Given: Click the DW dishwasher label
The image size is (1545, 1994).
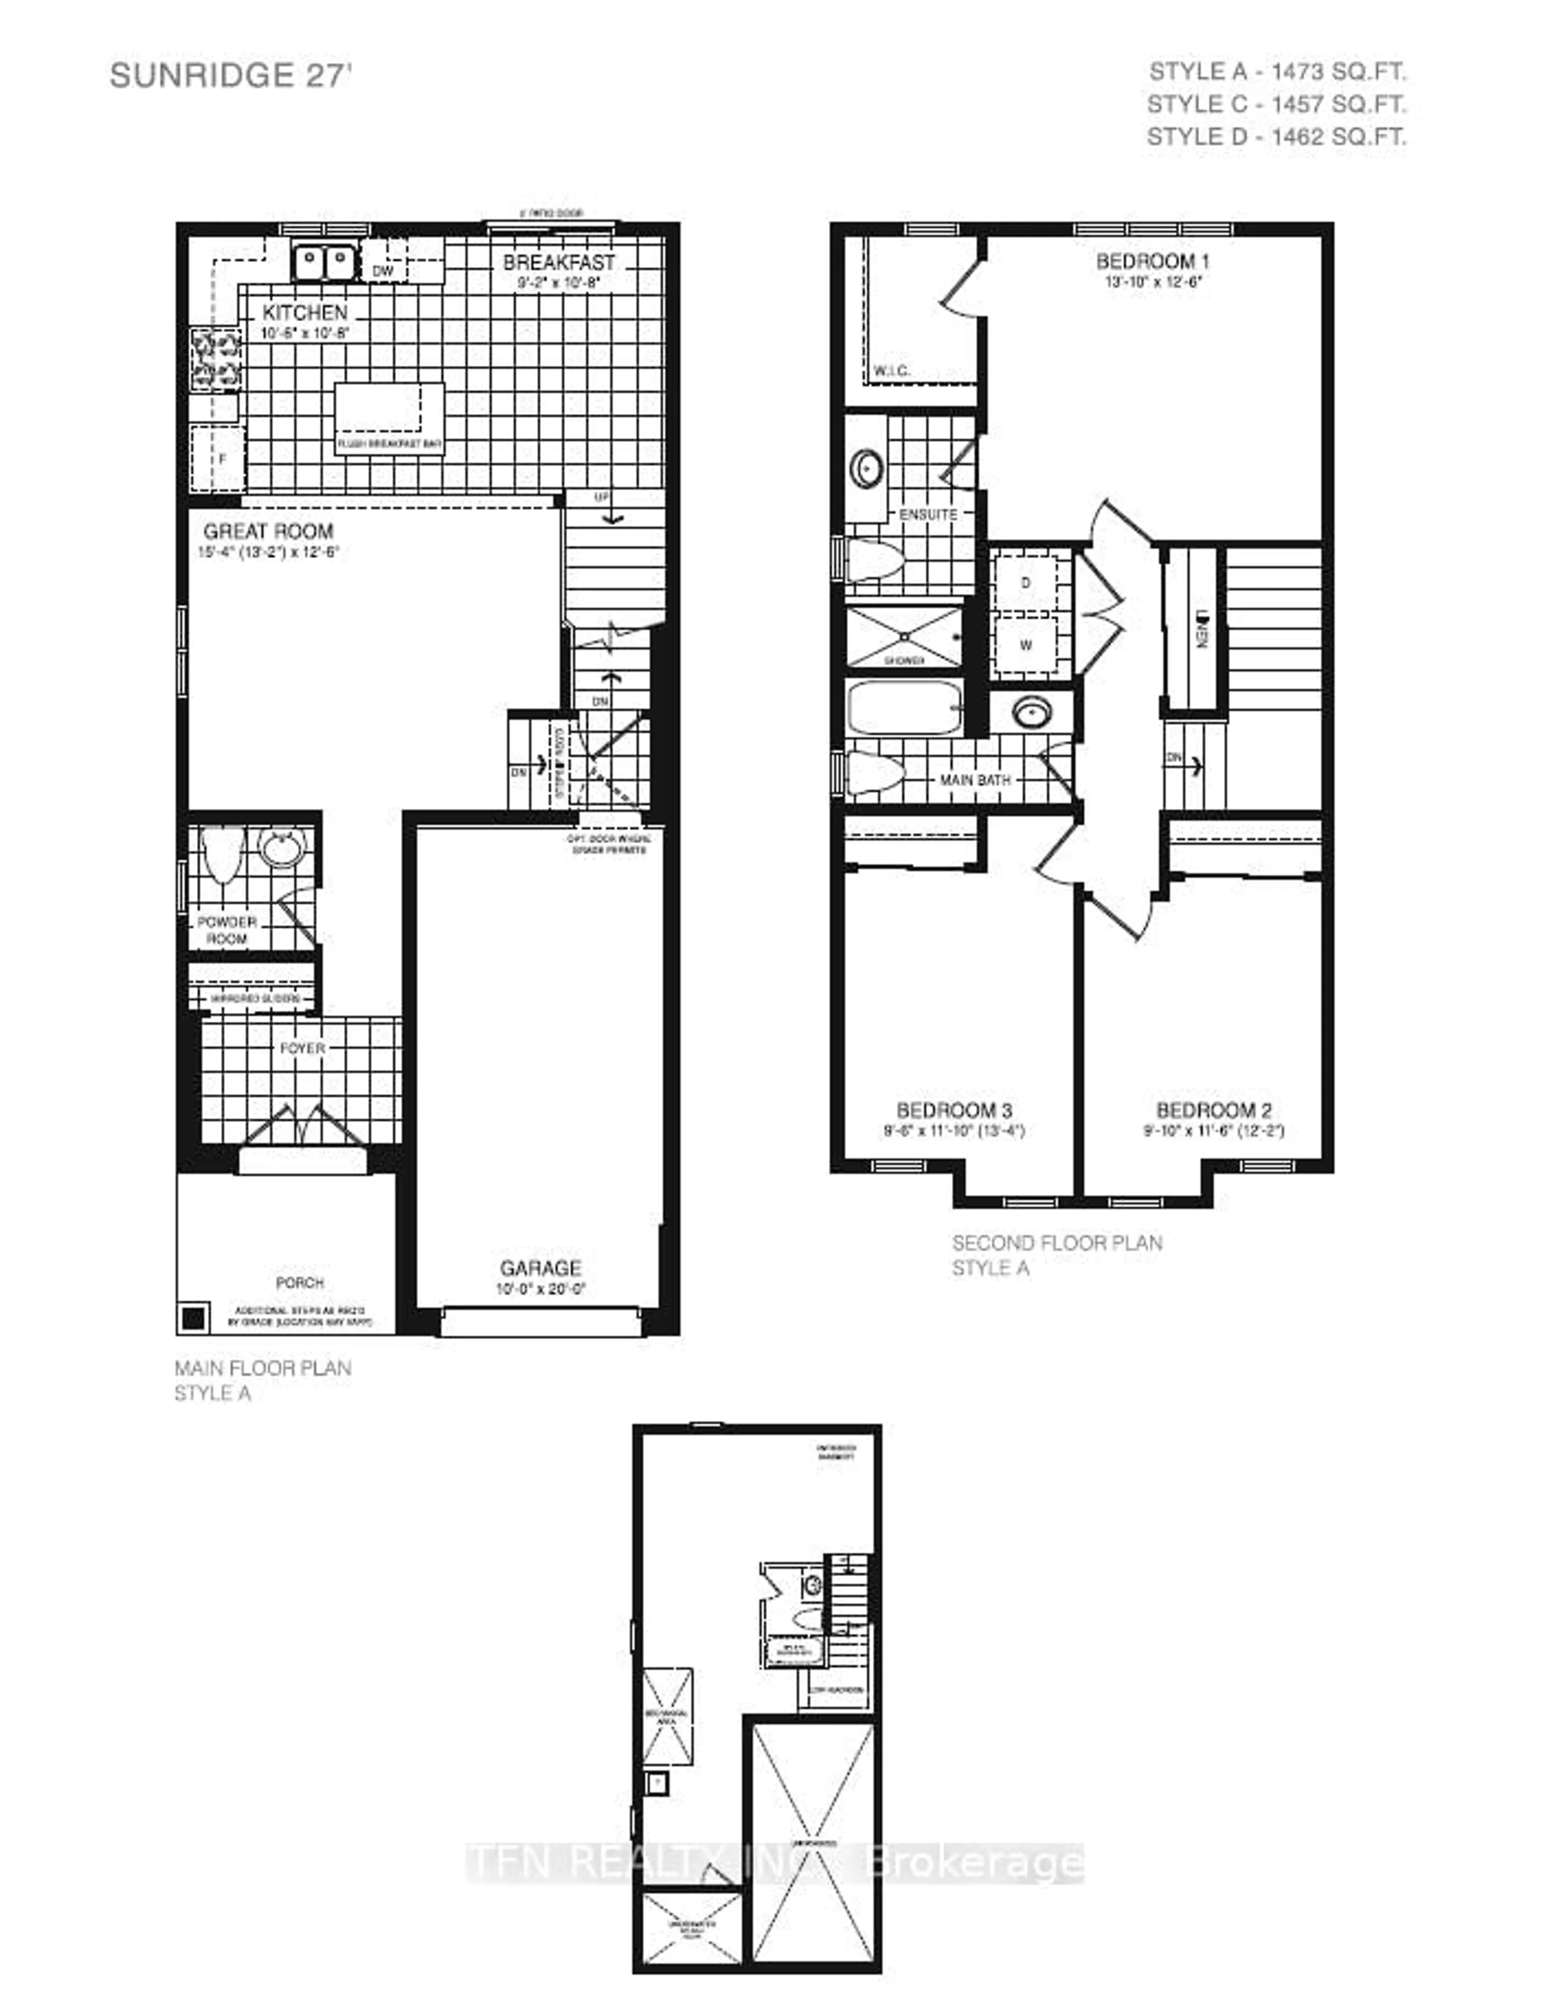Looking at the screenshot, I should point(383,271).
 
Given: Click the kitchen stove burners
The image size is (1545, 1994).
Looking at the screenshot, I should point(216,359).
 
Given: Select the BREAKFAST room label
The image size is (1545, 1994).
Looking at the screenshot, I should point(559,262).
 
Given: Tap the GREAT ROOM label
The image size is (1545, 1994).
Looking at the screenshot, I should point(268,530).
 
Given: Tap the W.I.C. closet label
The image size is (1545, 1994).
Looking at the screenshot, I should point(891,371).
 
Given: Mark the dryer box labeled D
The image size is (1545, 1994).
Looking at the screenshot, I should point(1026,582).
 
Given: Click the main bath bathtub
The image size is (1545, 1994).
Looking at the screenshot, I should point(904,709).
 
